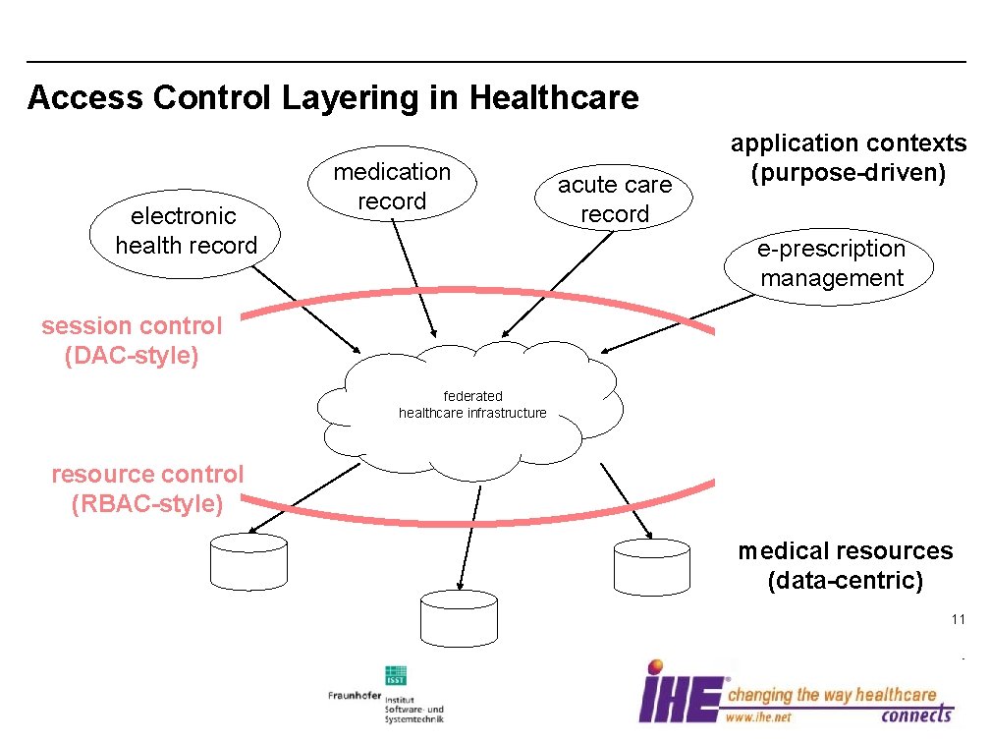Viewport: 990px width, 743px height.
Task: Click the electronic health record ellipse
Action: [186, 232]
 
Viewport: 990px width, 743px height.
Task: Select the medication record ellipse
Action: [392, 187]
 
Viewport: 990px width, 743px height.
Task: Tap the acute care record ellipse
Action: [615, 200]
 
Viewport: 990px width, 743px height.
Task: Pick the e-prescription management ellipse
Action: [831, 263]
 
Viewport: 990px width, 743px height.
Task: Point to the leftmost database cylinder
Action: [249, 561]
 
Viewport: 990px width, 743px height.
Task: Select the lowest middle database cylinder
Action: [459, 617]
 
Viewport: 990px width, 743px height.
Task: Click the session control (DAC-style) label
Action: [132, 340]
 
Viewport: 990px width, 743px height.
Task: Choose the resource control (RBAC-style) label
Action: [147, 488]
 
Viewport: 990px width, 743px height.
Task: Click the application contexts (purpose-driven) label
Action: [848, 158]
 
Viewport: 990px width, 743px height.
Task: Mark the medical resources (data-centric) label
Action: [846, 565]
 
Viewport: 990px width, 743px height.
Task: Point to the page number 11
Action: [958, 620]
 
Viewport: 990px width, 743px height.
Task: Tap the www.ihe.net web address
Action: [758, 717]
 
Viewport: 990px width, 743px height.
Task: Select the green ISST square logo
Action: [396, 676]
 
